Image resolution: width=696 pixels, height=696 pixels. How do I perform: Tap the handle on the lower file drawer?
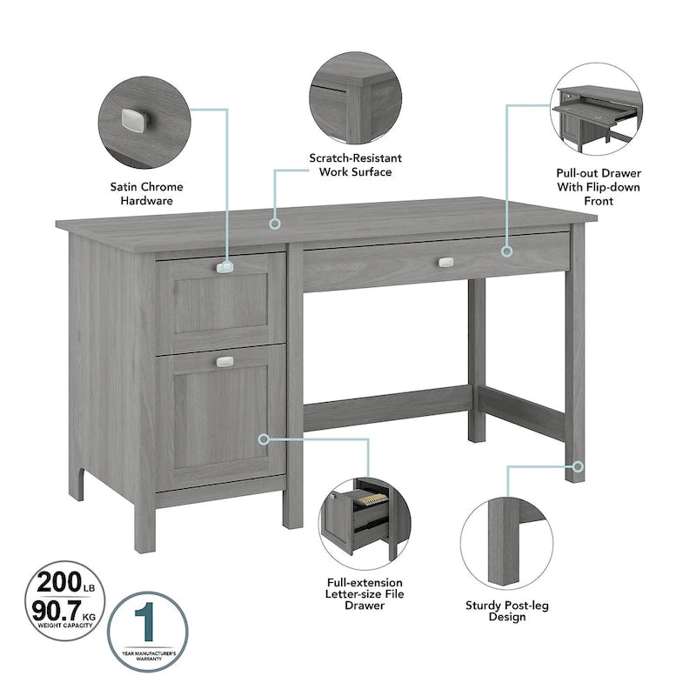coord(224,361)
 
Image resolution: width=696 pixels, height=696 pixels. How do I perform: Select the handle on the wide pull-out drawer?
coord(446,261)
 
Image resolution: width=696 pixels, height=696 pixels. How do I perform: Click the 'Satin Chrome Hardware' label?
coord(147,193)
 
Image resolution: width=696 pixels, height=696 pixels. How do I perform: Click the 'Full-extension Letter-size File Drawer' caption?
coord(365,593)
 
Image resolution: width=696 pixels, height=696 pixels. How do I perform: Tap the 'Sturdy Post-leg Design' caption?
coord(506,611)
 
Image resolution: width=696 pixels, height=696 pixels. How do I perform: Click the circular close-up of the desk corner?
coord(355,97)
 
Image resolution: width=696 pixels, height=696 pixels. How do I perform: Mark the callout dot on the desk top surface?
coord(275,224)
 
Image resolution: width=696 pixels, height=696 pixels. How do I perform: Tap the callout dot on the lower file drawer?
coord(264,439)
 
